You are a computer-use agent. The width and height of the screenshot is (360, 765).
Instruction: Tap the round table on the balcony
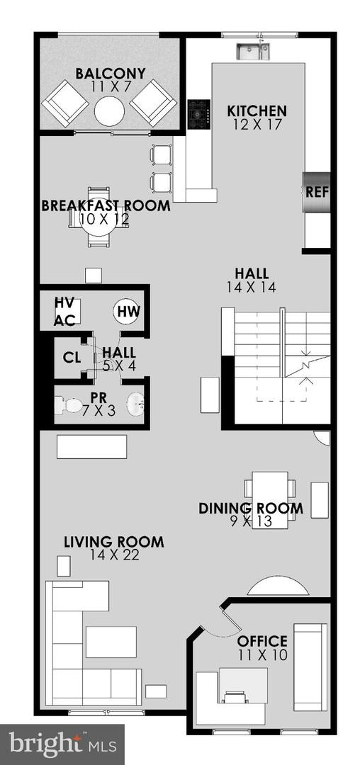pos(110,111)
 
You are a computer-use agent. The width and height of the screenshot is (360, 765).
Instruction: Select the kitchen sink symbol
pos(253,50)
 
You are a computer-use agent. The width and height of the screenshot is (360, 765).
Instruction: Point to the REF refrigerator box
pos(317,192)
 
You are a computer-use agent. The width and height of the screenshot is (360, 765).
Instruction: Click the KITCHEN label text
pos(257,111)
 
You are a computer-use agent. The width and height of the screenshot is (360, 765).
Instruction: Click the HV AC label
pos(65,312)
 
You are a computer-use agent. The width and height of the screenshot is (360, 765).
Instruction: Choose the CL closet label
pos(72,356)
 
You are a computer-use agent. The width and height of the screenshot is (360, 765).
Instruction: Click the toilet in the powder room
pos(69,407)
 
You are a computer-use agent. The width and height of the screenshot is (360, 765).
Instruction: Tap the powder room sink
pos(136,406)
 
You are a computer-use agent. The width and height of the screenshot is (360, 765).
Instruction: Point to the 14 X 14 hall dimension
pos(252,288)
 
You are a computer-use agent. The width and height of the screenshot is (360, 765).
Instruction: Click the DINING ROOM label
pos(251,509)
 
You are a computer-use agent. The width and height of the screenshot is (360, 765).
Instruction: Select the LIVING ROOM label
pos(114,543)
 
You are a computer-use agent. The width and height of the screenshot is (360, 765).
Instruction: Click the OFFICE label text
pos(262,642)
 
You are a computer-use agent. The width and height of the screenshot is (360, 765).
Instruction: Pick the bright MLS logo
pos(62,744)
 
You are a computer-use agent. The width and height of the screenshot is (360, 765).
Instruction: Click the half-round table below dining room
pos(278,587)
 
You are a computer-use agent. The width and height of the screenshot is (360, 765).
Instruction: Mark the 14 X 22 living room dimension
pos(114,556)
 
